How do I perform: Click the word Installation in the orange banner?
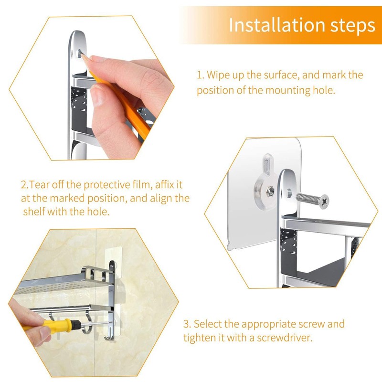[x=277, y=25]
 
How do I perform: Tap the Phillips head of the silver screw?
[x=324, y=202]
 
